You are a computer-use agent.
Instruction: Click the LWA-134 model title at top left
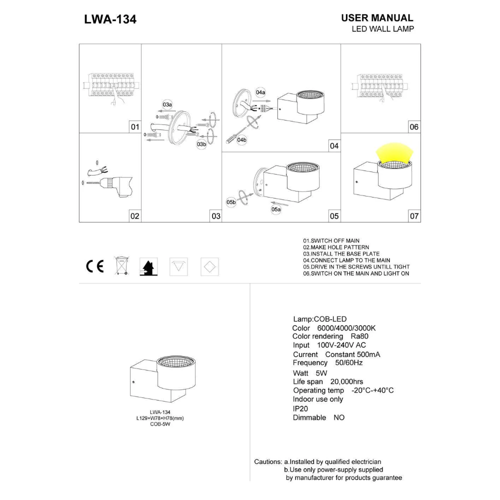pyautogui.click(x=110, y=19)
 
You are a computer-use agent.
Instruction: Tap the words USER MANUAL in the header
pyautogui.click(x=377, y=18)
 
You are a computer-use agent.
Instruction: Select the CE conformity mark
pyautogui.click(x=95, y=266)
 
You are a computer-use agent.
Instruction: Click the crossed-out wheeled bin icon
pyautogui.click(x=121, y=265)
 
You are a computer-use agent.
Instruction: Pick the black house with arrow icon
pyautogui.click(x=148, y=266)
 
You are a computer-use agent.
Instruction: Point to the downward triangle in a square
pyautogui.click(x=178, y=266)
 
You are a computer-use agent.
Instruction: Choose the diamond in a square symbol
pyautogui.click(x=209, y=266)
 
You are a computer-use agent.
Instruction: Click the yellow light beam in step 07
pyautogui.click(x=395, y=153)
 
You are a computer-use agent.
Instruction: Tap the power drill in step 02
pyautogui.click(x=116, y=186)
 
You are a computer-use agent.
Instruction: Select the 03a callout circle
pyautogui.click(x=167, y=104)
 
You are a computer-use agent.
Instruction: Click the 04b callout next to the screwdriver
pyautogui.click(x=241, y=140)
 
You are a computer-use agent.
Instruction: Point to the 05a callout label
pyautogui.click(x=276, y=209)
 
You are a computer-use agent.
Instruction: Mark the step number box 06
pyautogui.click(x=414, y=127)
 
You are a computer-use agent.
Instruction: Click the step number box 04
pyautogui.click(x=334, y=146)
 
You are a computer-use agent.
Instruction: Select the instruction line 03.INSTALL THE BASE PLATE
pyautogui.click(x=341, y=254)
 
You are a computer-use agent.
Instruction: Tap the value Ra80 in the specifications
pyautogui.click(x=359, y=336)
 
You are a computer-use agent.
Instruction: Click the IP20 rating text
pyautogui.click(x=300, y=409)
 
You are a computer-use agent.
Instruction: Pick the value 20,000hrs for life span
pyautogui.click(x=346, y=381)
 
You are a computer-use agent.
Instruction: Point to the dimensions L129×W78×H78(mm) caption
pyautogui.click(x=160, y=418)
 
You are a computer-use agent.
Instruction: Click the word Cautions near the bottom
pyautogui.click(x=268, y=461)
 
